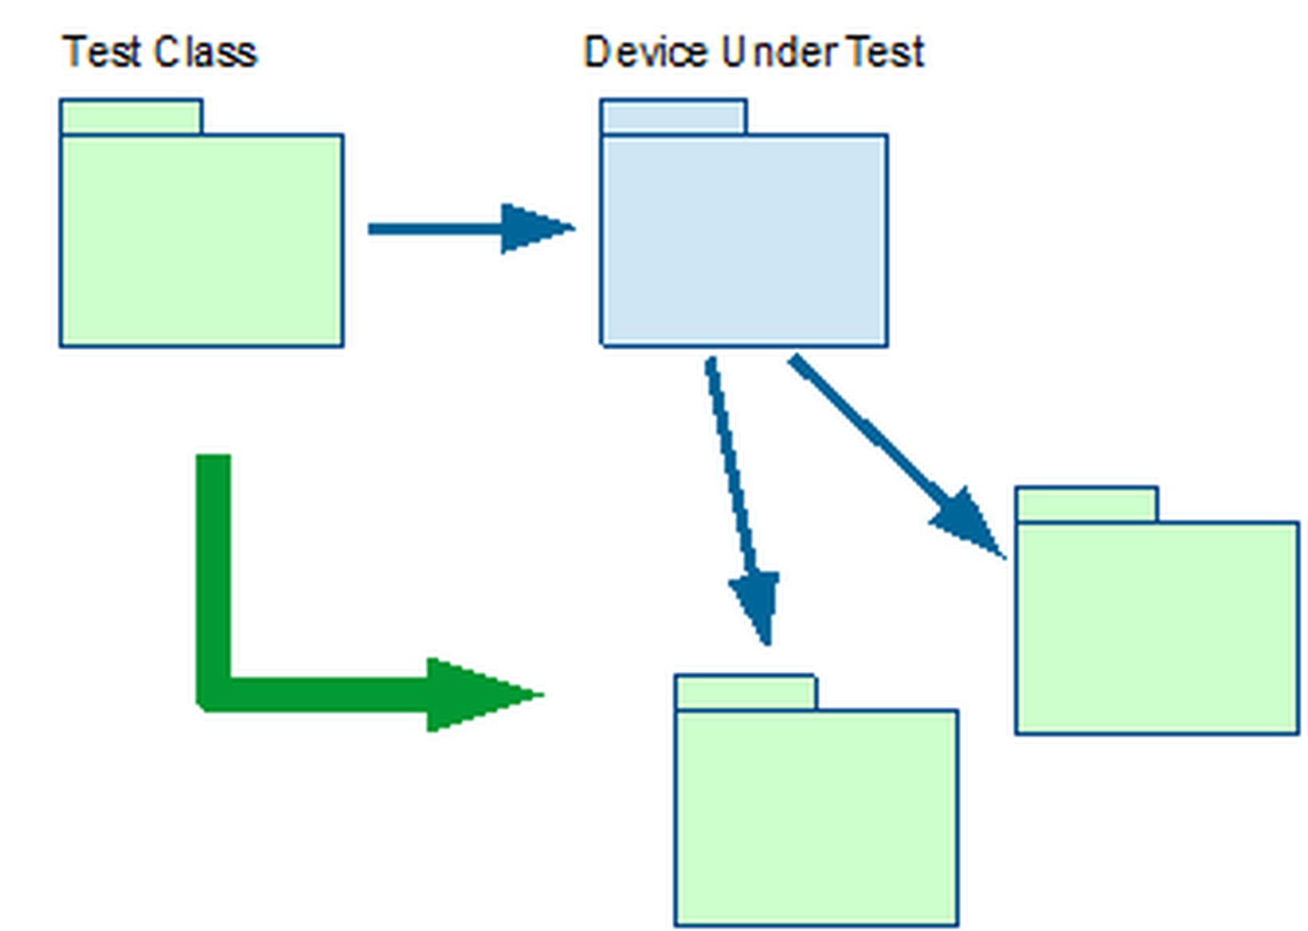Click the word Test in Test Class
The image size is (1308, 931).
tap(101, 53)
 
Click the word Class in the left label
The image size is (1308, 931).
tap(206, 53)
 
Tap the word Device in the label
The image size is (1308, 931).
tap(645, 53)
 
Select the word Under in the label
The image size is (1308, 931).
tap(778, 53)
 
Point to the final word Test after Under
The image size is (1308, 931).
tap(884, 53)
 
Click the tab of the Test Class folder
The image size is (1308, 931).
tap(131, 117)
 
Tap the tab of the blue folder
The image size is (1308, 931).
tap(673, 117)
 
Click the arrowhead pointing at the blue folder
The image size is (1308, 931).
tap(534, 228)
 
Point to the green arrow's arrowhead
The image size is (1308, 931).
tap(479, 694)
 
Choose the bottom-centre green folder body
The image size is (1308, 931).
tap(816, 817)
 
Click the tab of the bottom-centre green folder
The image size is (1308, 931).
tap(745, 692)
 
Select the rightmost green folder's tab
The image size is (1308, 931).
tap(1086, 505)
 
